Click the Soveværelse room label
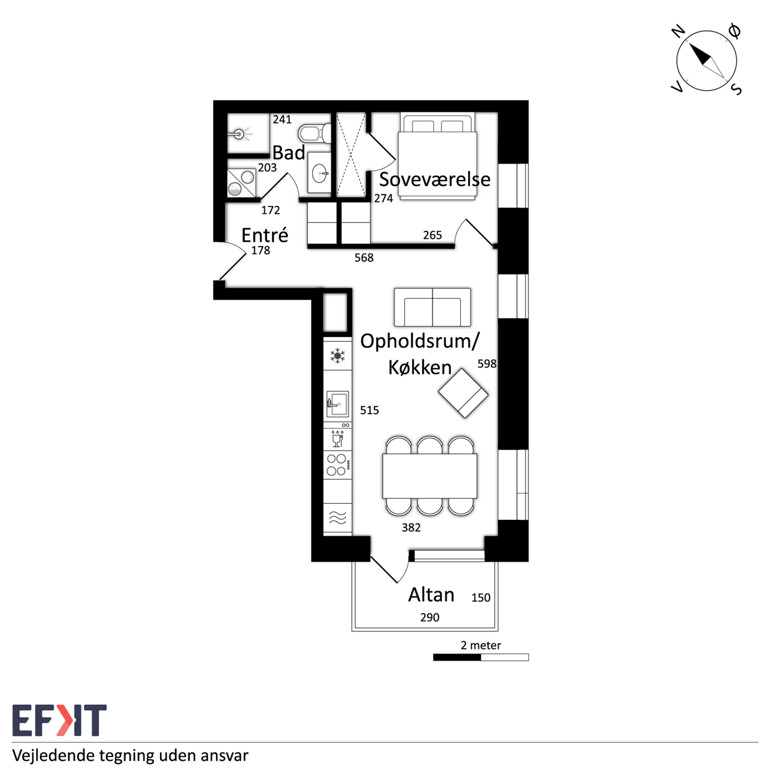434,179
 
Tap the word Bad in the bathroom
289,153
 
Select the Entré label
265,235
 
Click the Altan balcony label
431,594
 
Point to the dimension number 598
487,364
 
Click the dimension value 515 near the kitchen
369,410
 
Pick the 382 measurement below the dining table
411,527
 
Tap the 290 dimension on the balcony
429,617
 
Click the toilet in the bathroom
315,133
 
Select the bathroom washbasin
319,173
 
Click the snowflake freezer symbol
338,356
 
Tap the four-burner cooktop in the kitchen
338,465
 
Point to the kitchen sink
338,404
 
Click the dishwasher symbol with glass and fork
338,439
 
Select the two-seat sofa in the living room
432,307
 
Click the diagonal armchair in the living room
463,393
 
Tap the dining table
429,476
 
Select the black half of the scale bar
457,657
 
